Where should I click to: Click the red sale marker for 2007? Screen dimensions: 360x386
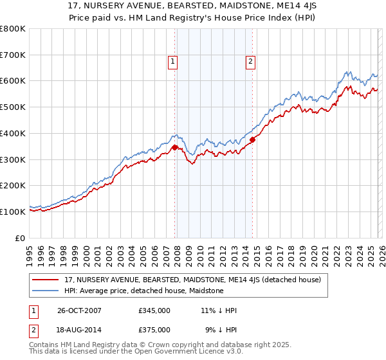tap(175, 148)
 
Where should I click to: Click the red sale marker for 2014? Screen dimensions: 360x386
tap(252, 139)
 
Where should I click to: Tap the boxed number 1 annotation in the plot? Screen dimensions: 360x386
tap(174, 62)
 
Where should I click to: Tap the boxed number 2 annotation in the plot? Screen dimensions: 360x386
tap(250, 62)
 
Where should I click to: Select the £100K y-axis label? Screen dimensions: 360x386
tap(13, 212)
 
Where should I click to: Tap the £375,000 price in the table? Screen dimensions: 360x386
tap(154, 329)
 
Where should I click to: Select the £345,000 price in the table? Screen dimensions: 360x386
tap(154, 310)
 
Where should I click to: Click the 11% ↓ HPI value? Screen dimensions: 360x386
tap(219, 310)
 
